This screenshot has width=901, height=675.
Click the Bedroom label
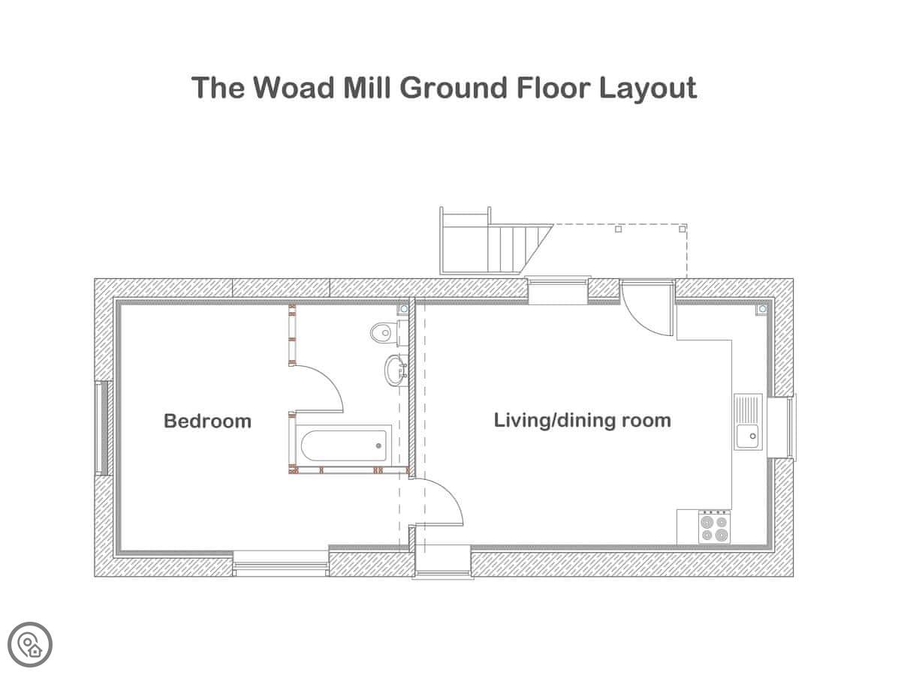(x=207, y=421)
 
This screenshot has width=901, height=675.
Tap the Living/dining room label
(x=582, y=421)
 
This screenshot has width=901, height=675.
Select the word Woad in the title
(x=293, y=87)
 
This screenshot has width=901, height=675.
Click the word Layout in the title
(x=648, y=88)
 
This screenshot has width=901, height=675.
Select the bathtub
(x=344, y=445)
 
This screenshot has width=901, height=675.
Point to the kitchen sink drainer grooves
(x=748, y=409)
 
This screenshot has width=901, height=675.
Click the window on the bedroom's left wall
(x=104, y=427)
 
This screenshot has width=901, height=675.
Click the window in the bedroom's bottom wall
(x=281, y=563)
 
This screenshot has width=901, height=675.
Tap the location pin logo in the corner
(x=30, y=644)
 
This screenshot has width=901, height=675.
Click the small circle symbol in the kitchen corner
(x=762, y=309)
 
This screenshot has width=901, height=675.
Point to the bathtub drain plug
(x=378, y=445)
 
